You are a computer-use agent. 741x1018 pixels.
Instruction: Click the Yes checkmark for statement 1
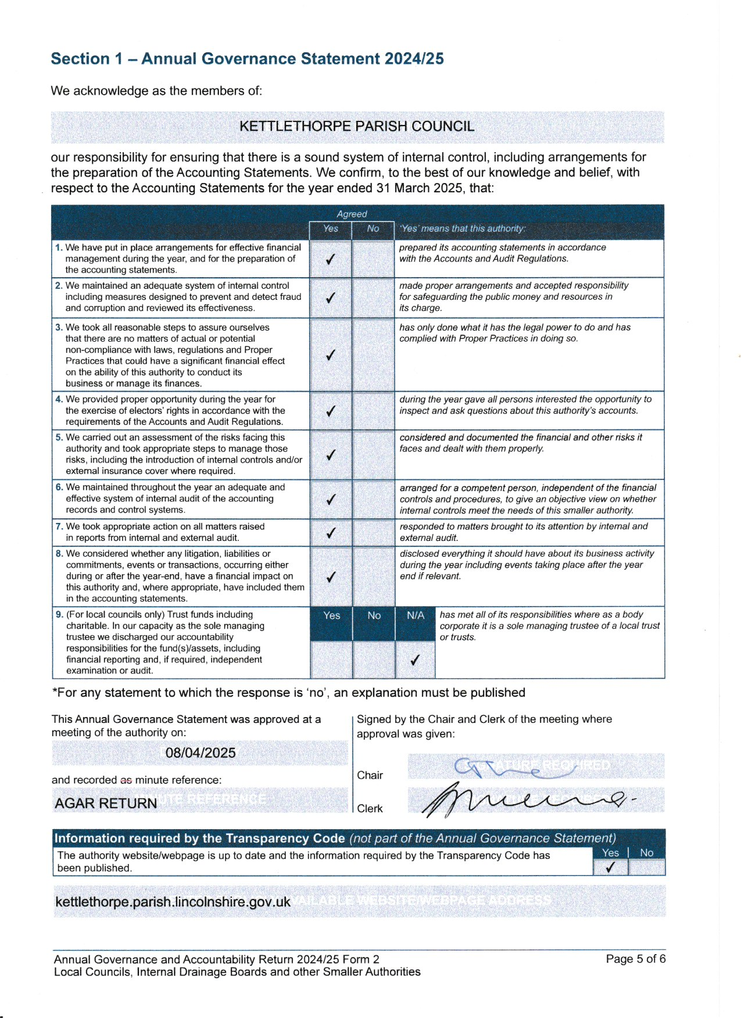pos(330,259)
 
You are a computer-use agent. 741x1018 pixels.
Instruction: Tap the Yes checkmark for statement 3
pos(330,354)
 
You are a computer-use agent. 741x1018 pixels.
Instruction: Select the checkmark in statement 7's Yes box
pos(330,532)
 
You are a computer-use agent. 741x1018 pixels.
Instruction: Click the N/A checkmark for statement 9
pos(414,659)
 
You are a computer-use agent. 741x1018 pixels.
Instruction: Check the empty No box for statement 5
pos(373,454)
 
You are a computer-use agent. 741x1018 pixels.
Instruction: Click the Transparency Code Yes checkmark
pos(610,868)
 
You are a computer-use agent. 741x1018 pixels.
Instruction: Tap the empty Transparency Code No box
pos(646,868)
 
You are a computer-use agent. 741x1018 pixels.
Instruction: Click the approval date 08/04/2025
pos(201,753)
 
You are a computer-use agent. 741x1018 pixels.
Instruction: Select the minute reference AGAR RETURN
pos(106,803)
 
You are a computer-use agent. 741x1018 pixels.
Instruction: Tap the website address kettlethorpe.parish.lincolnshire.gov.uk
pos(173,902)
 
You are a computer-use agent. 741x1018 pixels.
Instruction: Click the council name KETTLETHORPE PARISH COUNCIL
pos(357,127)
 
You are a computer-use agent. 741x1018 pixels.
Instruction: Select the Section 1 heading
pos(247,59)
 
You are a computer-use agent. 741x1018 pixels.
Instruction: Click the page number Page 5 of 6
pos(635,959)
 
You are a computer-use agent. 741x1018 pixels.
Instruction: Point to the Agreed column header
pos(352,214)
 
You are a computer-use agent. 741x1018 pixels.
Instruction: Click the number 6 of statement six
pos(59,488)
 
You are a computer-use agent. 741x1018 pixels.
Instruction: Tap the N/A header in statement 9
pos(415,615)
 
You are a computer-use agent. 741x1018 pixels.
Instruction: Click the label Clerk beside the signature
pos(370,808)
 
